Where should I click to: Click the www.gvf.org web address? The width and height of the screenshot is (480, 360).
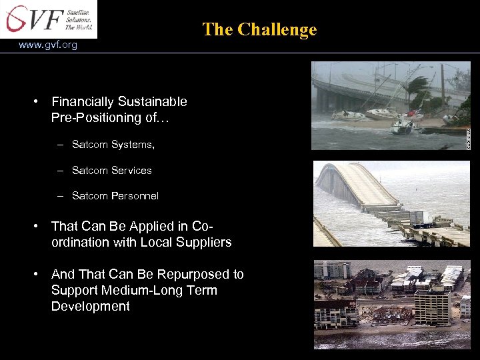(48, 45)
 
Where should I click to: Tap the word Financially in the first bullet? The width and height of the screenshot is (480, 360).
(83, 102)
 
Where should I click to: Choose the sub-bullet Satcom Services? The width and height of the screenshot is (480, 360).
(112, 171)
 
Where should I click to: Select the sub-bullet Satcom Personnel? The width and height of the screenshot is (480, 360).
(115, 196)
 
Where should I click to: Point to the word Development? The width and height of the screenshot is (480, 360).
(90, 307)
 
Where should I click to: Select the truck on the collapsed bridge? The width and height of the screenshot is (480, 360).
(421, 217)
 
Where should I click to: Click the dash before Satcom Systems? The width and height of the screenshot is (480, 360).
(60, 145)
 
